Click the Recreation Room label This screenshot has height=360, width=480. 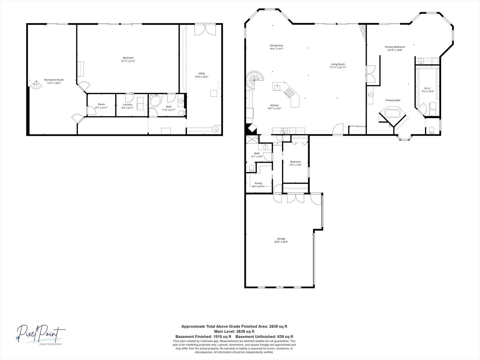(54, 80)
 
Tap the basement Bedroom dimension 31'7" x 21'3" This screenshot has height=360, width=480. (128, 61)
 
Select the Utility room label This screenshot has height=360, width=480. (201, 73)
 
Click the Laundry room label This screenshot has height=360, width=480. (128, 104)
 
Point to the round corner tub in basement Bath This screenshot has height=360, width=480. (155, 101)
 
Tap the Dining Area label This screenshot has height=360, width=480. (276, 45)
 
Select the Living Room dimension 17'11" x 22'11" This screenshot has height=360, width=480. (338, 67)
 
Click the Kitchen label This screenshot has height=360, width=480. (274, 105)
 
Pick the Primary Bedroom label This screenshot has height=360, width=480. (395, 47)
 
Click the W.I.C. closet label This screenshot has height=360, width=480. (427, 88)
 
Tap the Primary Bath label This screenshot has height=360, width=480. (393, 100)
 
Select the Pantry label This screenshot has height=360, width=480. (258, 183)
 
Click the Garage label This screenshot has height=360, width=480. (281, 239)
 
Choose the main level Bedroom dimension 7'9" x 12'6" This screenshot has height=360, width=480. (295, 165)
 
